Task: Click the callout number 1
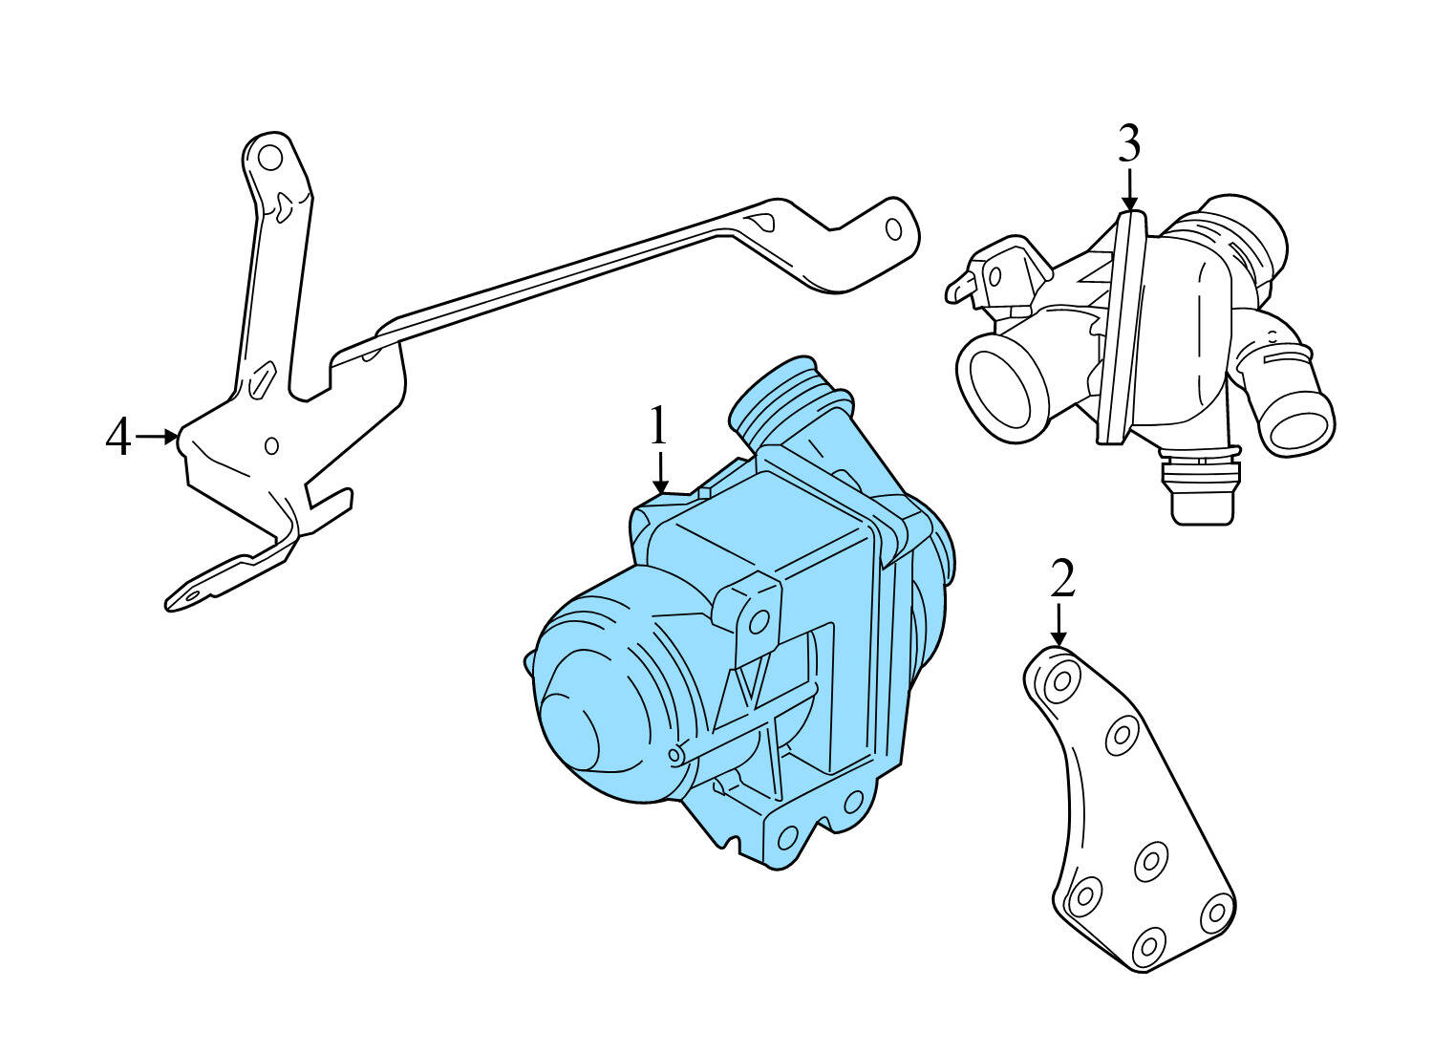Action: click(x=657, y=426)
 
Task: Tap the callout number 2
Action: click(x=1061, y=579)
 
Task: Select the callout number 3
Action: click(x=1128, y=145)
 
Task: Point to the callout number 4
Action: click(x=118, y=439)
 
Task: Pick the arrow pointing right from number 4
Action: click(x=158, y=437)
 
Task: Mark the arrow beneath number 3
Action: click(x=1129, y=189)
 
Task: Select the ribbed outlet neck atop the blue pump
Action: click(x=783, y=401)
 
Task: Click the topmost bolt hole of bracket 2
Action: click(x=1059, y=684)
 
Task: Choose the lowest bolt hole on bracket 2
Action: click(x=1147, y=946)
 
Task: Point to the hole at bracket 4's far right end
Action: click(x=893, y=230)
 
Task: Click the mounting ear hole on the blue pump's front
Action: click(x=759, y=622)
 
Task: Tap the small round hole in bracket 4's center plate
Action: click(x=271, y=445)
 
